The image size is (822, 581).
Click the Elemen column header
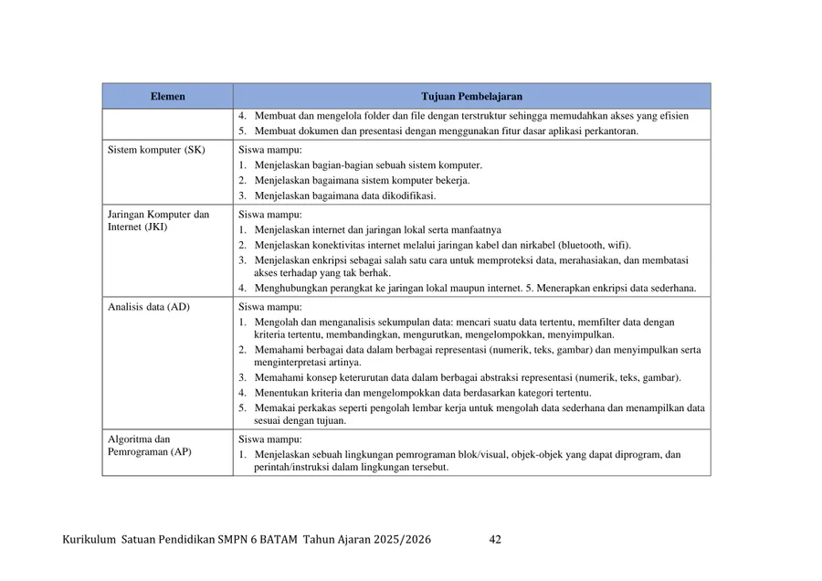(x=167, y=96)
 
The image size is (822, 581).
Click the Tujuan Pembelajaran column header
(x=471, y=96)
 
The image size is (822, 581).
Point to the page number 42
(x=495, y=540)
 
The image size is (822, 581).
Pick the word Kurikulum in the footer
(x=89, y=540)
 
